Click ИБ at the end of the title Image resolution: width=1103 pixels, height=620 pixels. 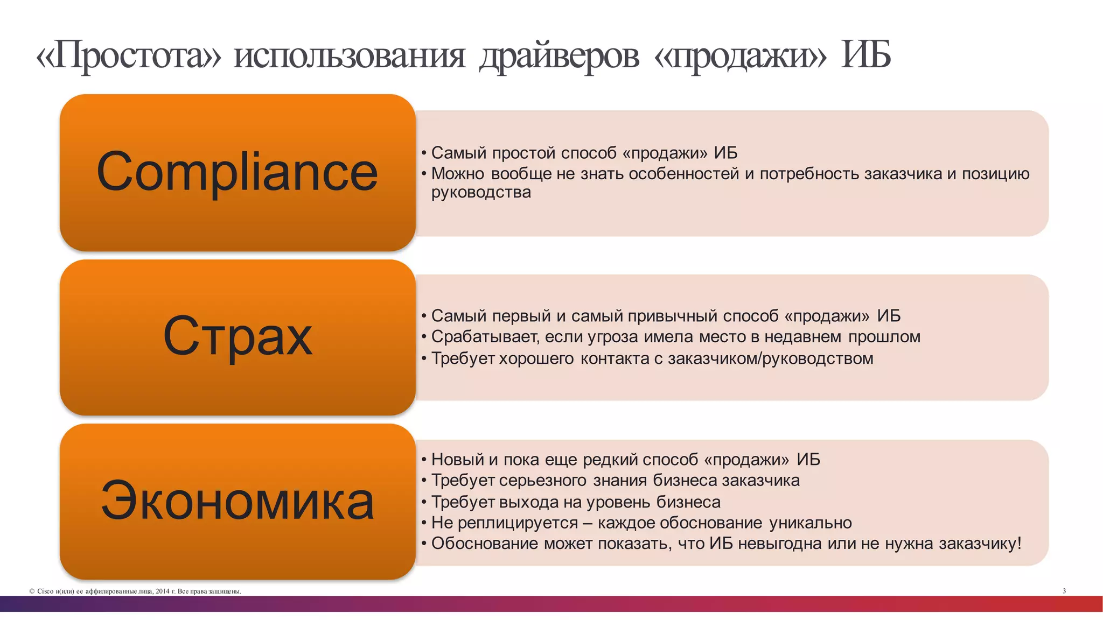(x=865, y=56)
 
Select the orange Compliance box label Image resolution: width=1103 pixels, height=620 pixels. (x=237, y=172)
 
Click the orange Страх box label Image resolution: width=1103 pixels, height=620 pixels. (x=237, y=336)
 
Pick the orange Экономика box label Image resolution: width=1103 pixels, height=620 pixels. (x=237, y=501)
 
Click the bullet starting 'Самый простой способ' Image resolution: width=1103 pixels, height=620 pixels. (x=584, y=153)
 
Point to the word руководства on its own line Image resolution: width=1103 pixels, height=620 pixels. (x=481, y=192)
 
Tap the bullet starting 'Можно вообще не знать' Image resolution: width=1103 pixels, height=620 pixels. (x=730, y=174)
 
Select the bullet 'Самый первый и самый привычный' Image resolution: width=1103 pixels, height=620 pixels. (x=666, y=316)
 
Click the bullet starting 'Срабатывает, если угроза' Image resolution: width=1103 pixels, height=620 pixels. (x=675, y=337)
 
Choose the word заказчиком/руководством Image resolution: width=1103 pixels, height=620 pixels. (x=770, y=358)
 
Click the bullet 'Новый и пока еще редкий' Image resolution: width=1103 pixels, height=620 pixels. (x=625, y=460)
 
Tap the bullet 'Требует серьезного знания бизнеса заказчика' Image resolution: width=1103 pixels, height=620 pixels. (x=615, y=480)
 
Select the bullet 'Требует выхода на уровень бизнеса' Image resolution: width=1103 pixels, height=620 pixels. (x=575, y=502)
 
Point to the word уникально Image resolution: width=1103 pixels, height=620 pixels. (x=810, y=523)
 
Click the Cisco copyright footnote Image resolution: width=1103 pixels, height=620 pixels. (x=135, y=591)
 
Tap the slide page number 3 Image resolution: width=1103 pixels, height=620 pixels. (x=1064, y=591)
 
